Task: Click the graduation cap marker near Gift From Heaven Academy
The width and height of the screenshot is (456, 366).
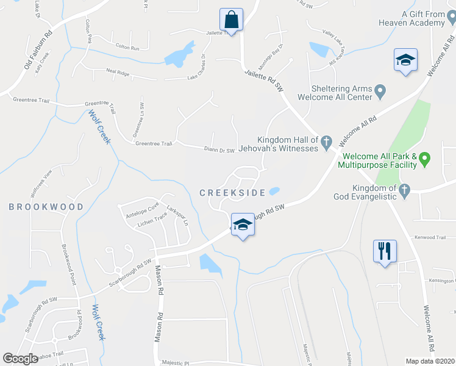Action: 405,61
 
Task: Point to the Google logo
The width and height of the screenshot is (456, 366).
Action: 21,358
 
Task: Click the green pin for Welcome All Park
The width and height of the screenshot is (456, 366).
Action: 426,160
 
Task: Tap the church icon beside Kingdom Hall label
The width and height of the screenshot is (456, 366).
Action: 326,143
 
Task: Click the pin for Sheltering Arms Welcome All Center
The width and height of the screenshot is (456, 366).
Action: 381,92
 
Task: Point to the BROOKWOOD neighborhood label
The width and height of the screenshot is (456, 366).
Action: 46,207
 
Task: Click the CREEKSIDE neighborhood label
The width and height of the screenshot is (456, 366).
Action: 232,193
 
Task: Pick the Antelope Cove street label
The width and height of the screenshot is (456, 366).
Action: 141,209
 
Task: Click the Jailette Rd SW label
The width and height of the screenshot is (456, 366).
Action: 265,81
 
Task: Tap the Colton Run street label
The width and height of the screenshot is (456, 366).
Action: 127,48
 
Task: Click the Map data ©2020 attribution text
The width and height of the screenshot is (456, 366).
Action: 430,361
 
